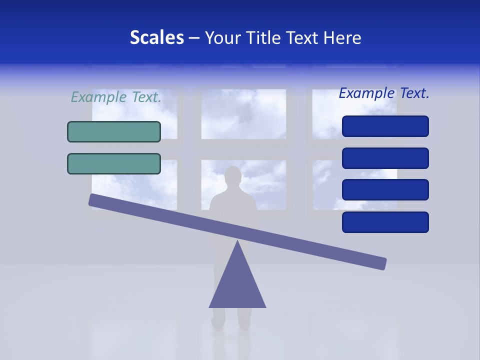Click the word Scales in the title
(156, 38)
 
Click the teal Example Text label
(116, 97)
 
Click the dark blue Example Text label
(384, 93)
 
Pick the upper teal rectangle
(114, 131)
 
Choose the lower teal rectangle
(114, 163)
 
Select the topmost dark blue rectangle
(385, 126)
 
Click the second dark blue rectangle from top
(385, 158)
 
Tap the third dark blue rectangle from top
(385, 190)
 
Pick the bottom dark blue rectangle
(385, 222)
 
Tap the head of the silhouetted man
(232, 176)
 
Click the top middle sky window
(243, 114)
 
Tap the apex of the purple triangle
(237, 242)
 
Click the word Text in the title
(303, 38)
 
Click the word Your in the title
(221, 38)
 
